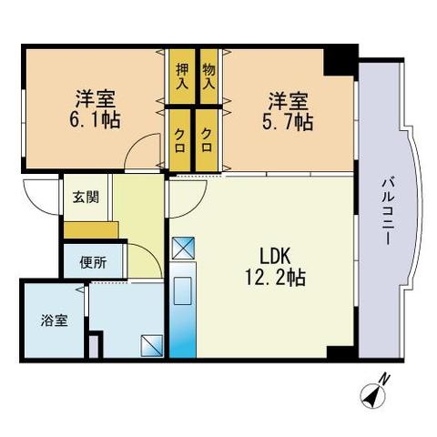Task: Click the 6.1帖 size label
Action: pyautogui.click(x=95, y=120)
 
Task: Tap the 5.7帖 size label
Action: pyautogui.click(x=288, y=122)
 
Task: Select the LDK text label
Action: pyautogui.click(x=275, y=257)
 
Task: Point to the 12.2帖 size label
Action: pyautogui.click(x=275, y=278)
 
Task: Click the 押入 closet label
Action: pyautogui.click(x=182, y=76)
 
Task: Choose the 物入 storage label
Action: pyautogui.click(x=209, y=76)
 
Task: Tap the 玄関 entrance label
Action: pyautogui.click(x=86, y=198)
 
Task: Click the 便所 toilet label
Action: pyautogui.click(x=94, y=262)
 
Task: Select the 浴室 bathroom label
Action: pyautogui.click(x=54, y=320)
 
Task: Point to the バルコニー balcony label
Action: pyautogui.click(x=388, y=211)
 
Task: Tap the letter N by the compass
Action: pyautogui.click(x=385, y=379)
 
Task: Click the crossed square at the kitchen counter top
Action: pyautogui.click(x=183, y=248)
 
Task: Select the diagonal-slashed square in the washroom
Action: pyautogui.click(x=152, y=345)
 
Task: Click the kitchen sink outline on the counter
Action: pyautogui.click(x=182, y=290)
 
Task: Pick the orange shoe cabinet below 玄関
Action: pyautogui.click(x=91, y=230)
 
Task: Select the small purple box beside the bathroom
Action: pyautogui.click(x=94, y=347)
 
